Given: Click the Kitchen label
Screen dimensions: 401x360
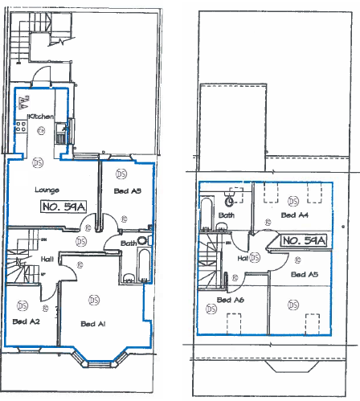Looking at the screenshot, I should [42, 117].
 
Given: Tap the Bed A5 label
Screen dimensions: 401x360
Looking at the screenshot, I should [305, 275].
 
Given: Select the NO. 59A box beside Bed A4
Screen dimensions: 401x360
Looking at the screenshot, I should [303, 240].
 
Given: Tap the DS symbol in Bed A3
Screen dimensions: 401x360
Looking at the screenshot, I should [121, 173].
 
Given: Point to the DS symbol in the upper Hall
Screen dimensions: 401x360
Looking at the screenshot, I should [255, 258].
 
